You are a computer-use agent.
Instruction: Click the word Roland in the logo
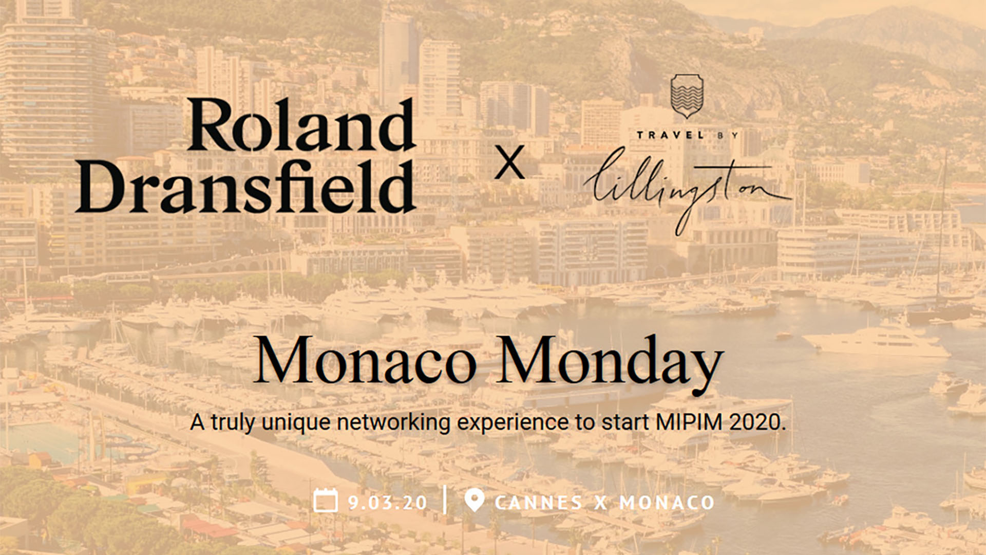click(302, 124)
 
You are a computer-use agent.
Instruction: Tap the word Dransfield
click(245, 186)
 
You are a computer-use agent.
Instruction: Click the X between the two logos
click(509, 162)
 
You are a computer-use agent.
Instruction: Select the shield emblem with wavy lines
click(687, 96)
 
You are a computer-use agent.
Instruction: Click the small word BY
click(728, 135)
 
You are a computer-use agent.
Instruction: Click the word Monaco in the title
click(365, 360)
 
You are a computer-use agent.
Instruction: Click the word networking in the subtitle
click(394, 422)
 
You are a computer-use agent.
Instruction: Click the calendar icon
click(326, 500)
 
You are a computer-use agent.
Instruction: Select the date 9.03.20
click(387, 503)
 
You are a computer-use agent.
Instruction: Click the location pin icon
click(474, 499)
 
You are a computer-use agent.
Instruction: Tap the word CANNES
click(538, 503)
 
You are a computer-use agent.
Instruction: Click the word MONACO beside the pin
click(667, 503)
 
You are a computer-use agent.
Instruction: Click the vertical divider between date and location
click(445, 499)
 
